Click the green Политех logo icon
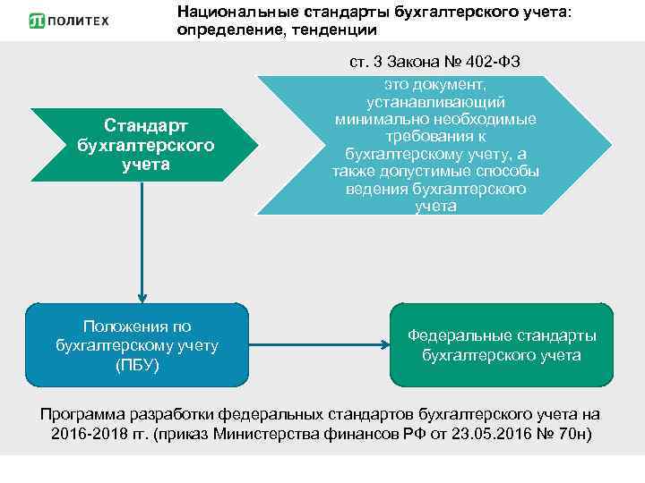pyautogui.click(x=37, y=20)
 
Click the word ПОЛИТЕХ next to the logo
pyautogui.click(x=80, y=20)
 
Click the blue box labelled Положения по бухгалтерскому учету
pyautogui.click(x=136, y=344)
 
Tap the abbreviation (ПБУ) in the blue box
pyautogui.click(x=136, y=365)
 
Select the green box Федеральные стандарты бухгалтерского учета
pyautogui.click(x=502, y=344)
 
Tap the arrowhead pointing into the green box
pyautogui.click(x=381, y=344)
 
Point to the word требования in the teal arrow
pyautogui.click(x=435, y=136)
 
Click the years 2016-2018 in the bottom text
pyautogui.click(x=89, y=434)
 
